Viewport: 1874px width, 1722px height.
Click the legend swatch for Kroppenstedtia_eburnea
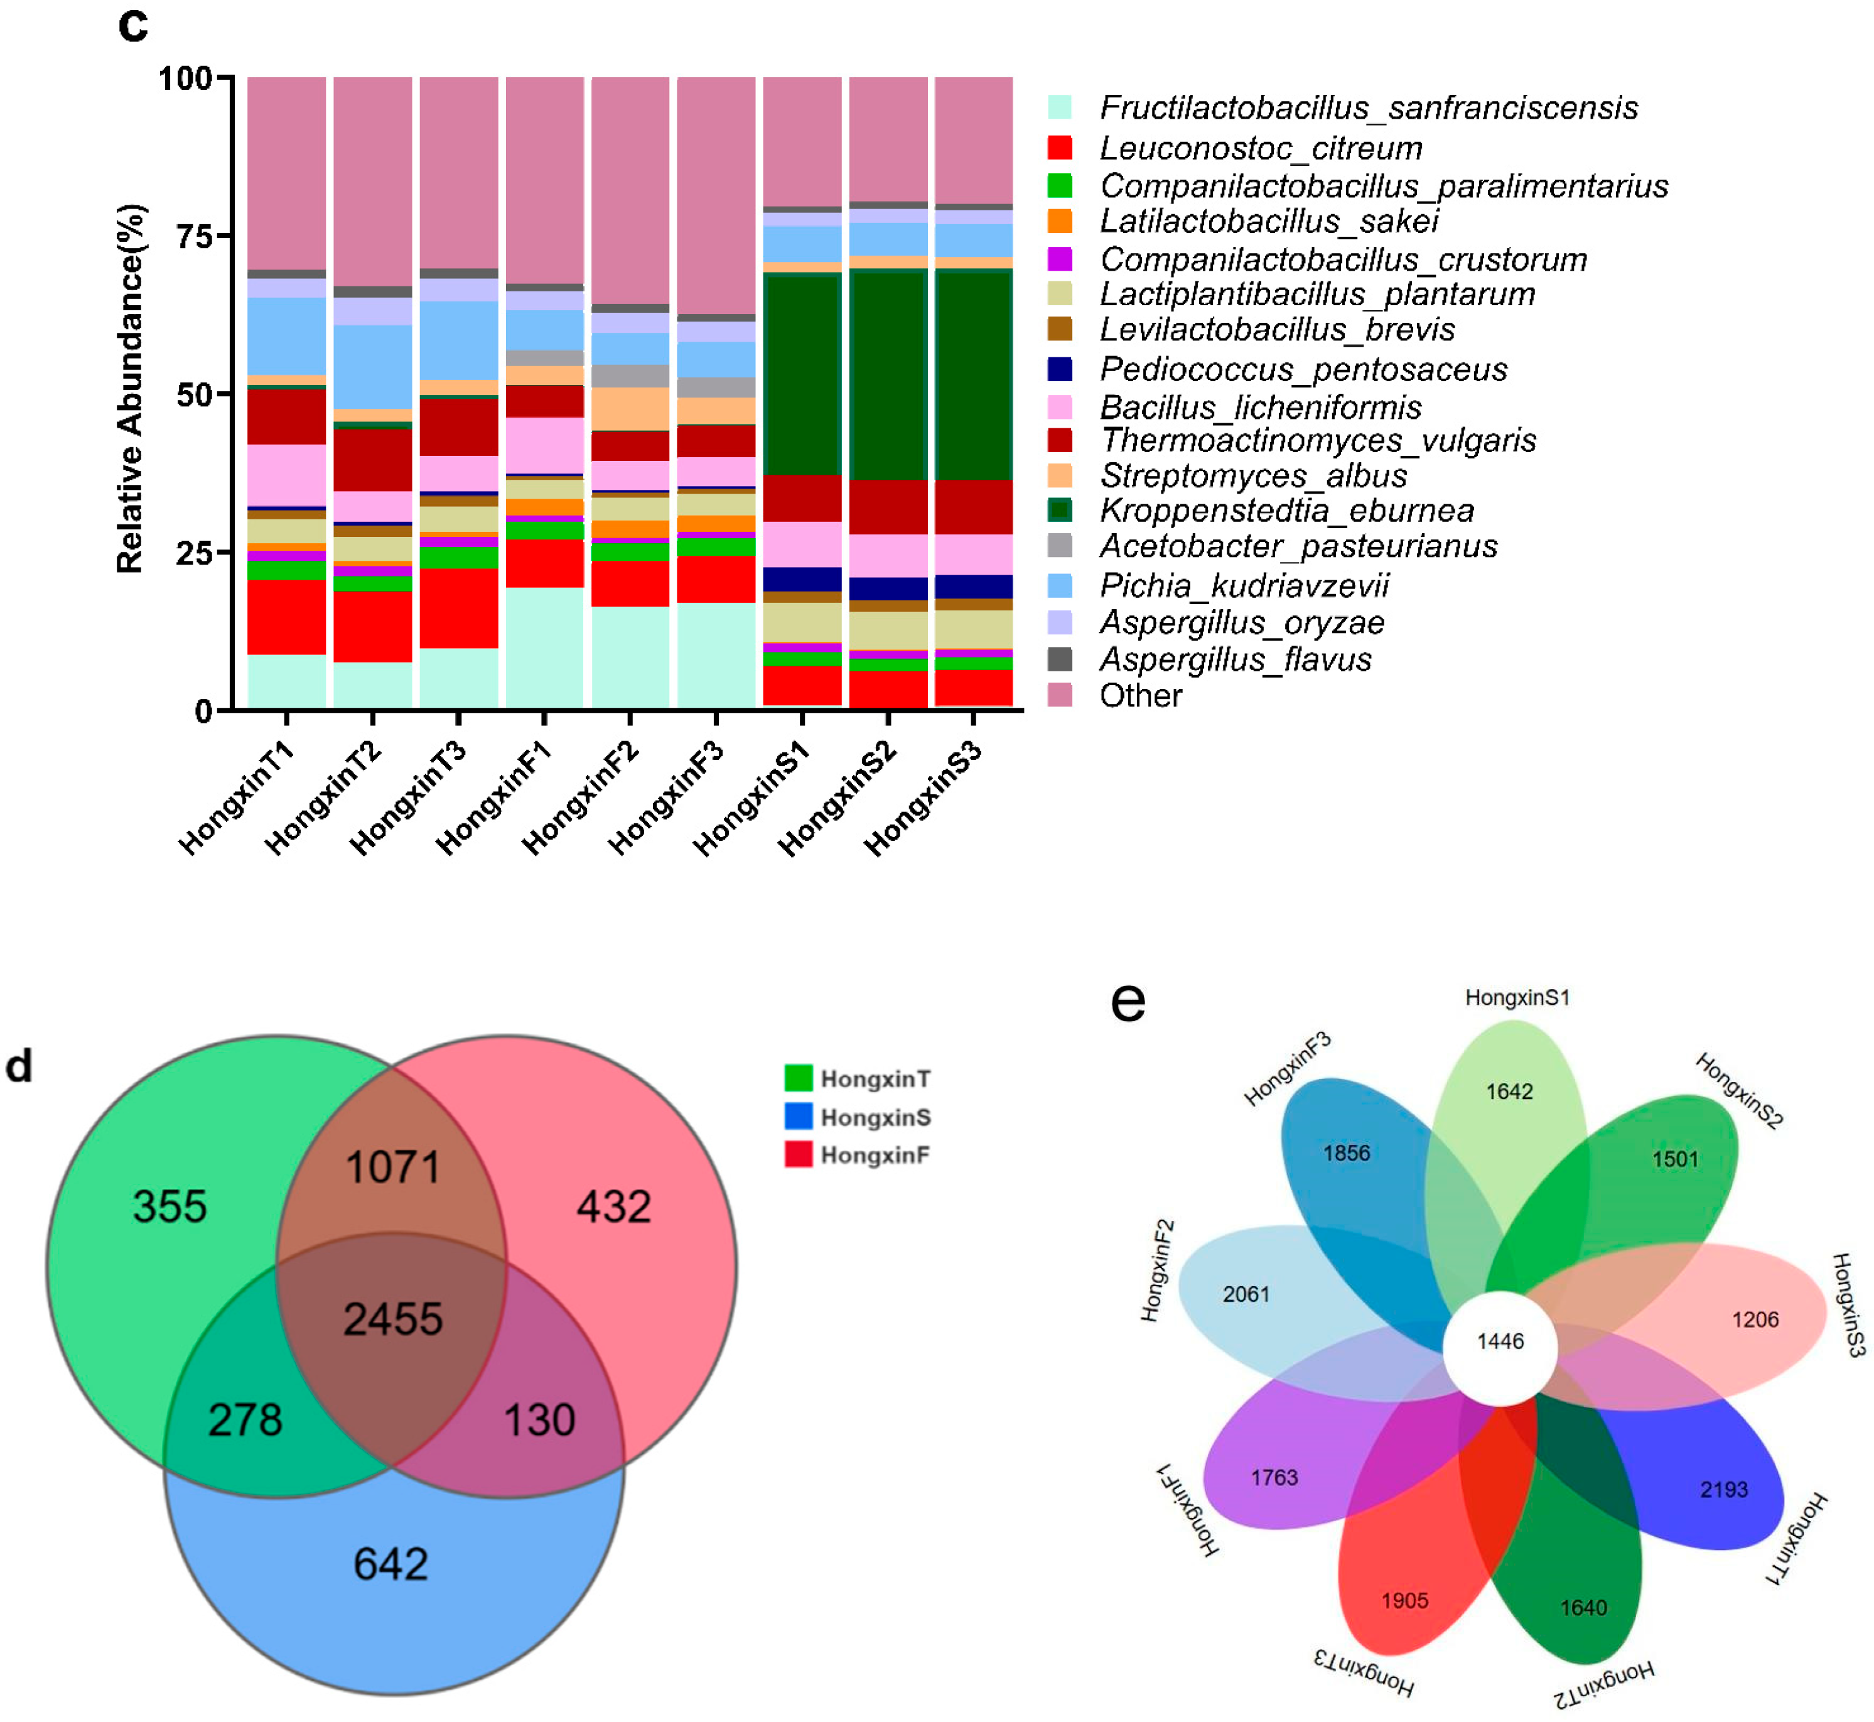pyautogui.click(x=1059, y=510)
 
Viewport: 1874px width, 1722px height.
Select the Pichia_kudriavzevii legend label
pyautogui.click(x=1244, y=585)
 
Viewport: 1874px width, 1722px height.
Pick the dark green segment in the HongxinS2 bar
pyautogui.click(x=888, y=373)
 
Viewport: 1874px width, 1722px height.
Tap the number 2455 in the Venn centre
pyautogui.click(x=392, y=1319)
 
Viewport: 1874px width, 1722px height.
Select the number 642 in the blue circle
pyautogui.click(x=390, y=1564)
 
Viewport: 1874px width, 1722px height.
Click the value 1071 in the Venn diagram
pyautogui.click(x=392, y=1167)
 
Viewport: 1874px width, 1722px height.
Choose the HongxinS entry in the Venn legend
pyautogui.click(x=875, y=1117)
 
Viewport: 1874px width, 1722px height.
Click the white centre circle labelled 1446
pyautogui.click(x=1500, y=1342)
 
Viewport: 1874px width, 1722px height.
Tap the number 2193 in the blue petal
pyautogui.click(x=1723, y=1490)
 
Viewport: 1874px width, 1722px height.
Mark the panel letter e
pyautogui.click(x=1128, y=1003)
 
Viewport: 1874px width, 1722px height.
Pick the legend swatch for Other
pyautogui.click(x=1059, y=695)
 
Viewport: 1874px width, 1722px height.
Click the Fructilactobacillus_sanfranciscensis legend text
pyautogui.click(x=1368, y=108)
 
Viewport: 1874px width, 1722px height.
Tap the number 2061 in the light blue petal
pyautogui.click(x=1246, y=1294)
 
